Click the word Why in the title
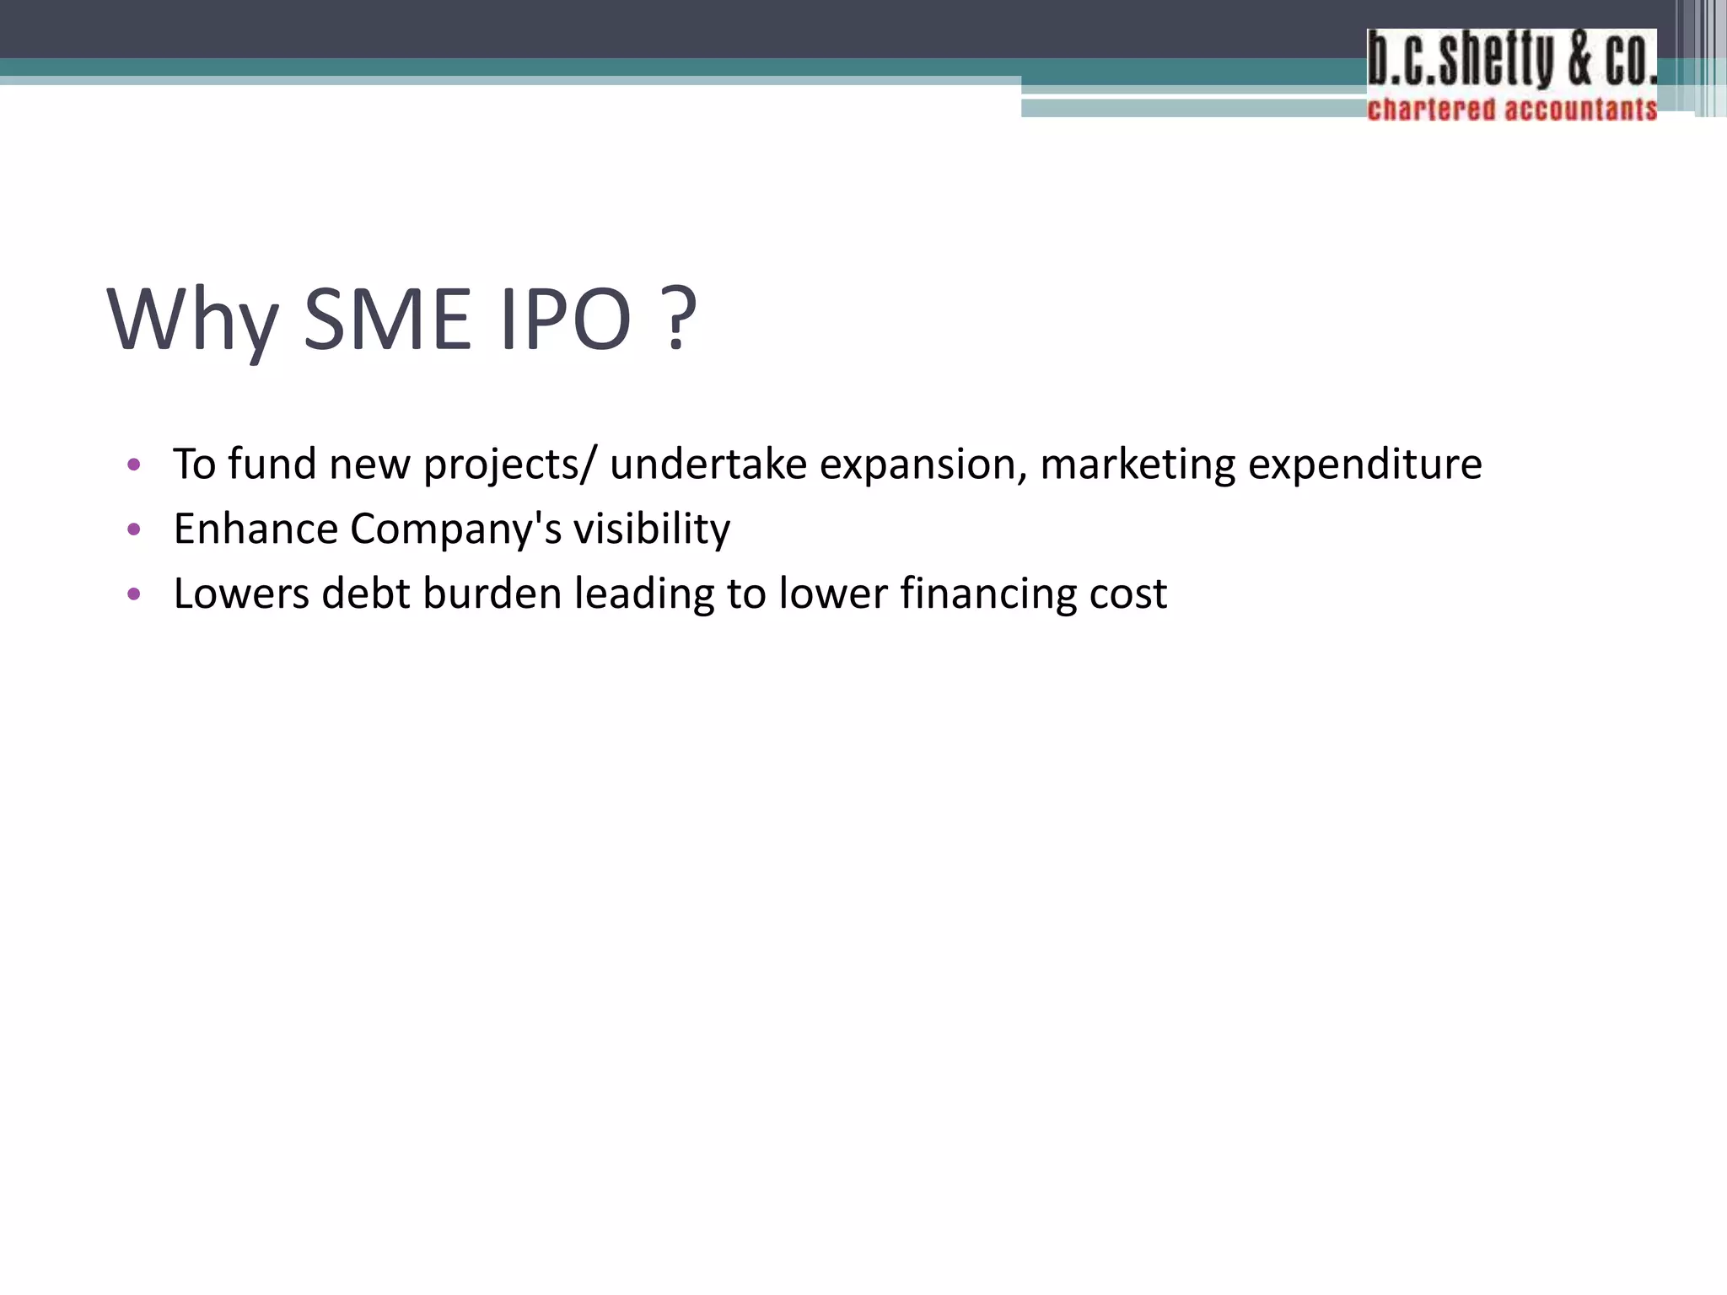192,320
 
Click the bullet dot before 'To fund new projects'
133,465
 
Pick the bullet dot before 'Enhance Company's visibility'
133,529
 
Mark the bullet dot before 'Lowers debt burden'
133,594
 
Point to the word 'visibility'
652,529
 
